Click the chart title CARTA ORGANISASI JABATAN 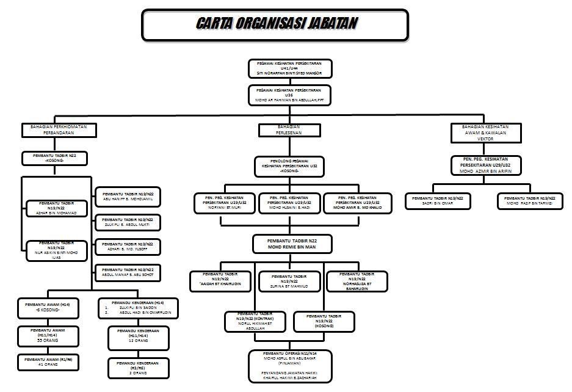coord(276,24)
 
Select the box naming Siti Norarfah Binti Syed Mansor coord(290,68)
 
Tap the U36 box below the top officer coord(290,95)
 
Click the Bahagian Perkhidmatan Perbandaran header coord(54,129)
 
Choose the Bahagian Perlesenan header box coord(289,129)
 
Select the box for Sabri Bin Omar coord(438,201)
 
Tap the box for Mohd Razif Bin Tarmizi coord(529,201)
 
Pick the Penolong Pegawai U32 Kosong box coord(289,166)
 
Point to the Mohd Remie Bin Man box coord(292,244)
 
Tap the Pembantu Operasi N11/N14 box coord(290,366)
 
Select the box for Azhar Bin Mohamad coord(56,208)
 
